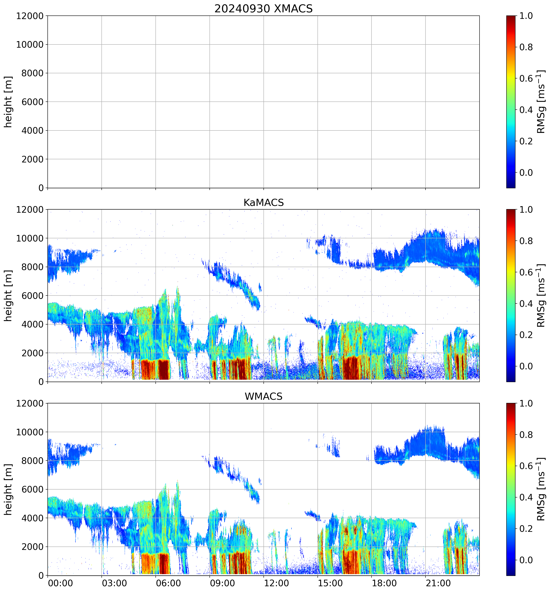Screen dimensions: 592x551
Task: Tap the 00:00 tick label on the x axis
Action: point(60,583)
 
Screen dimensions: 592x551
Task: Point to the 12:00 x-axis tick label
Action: point(276,583)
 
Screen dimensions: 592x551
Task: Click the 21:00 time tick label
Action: point(438,583)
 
